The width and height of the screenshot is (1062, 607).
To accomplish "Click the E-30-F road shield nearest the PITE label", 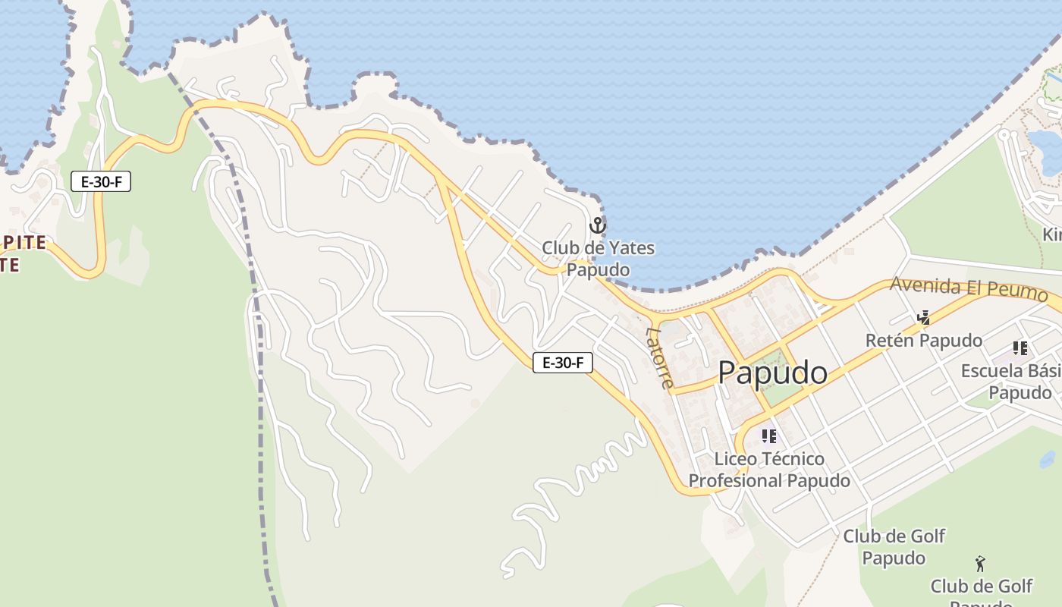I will [x=101, y=181].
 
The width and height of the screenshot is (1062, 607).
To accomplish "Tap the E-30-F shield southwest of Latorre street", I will [x=562, y=363].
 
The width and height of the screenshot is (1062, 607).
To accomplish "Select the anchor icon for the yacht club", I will [x=598, y=225].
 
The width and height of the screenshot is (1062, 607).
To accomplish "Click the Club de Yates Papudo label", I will [x=598, y=259].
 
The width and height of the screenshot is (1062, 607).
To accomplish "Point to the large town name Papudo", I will [x=772, y=373].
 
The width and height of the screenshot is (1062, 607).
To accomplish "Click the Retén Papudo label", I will [x=923, y=341].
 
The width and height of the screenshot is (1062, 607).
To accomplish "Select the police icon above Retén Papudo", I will [x=924, y=317].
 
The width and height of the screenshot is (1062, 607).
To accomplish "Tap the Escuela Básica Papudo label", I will [x=1011, y=382].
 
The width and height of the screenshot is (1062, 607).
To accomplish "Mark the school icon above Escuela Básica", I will [x=1020, y=348].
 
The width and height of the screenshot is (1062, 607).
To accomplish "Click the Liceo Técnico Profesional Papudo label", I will [x=769, y=470].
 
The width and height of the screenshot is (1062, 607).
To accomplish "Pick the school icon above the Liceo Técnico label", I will [x=769, y=436].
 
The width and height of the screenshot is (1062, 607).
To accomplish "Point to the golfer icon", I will [x=980, y=564].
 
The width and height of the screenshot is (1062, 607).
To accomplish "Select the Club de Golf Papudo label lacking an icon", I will [x=894, y=547].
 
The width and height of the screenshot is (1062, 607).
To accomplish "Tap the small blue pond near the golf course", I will [x=1048, y=459].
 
